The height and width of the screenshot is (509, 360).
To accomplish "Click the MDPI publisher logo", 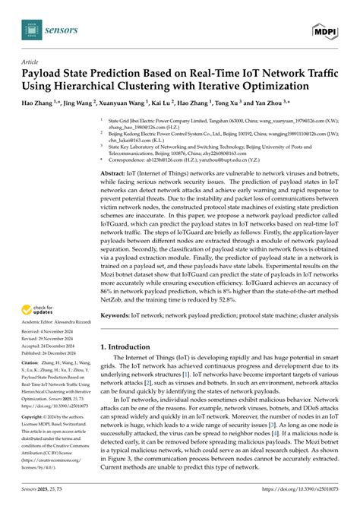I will coord(326,29).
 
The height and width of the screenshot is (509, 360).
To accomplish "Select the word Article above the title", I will coord(32,62).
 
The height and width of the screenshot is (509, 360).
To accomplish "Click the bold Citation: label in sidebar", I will coord(34,385).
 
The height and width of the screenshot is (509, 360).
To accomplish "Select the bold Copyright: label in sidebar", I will coord(36,439).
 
